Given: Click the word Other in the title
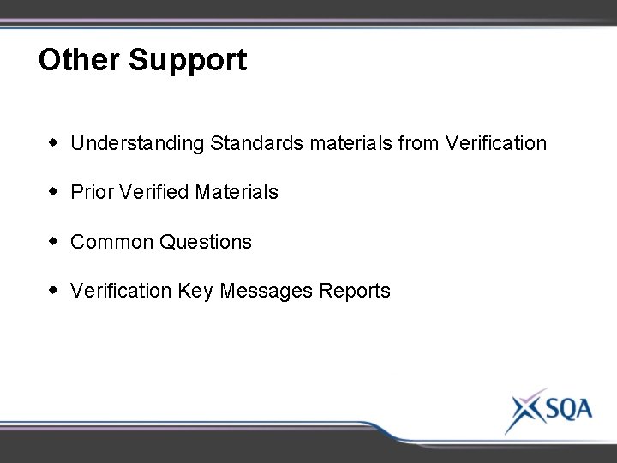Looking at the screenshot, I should click(80, 60).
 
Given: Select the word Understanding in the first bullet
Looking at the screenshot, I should click(138, 144).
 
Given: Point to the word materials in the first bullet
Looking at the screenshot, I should click(351, 143).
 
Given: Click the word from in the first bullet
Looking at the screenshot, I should click(419, 143).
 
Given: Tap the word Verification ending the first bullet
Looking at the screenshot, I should click(496, 143).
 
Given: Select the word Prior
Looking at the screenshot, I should click(93, 192).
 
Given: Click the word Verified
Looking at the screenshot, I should click(154, 192).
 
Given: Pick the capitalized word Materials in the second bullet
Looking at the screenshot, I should click(237, 192).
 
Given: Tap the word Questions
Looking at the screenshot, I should click(206, 242).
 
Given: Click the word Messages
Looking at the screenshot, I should click(267, 292).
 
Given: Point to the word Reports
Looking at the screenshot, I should click(355, 292).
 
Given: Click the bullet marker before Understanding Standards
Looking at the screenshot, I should click(54, 142).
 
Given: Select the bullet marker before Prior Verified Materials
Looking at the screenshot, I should click(54, 191).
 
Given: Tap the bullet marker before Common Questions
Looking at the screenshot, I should click(54, 241).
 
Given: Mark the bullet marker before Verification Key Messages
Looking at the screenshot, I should click(54, 291).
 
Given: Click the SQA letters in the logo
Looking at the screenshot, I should click(565, 408).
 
